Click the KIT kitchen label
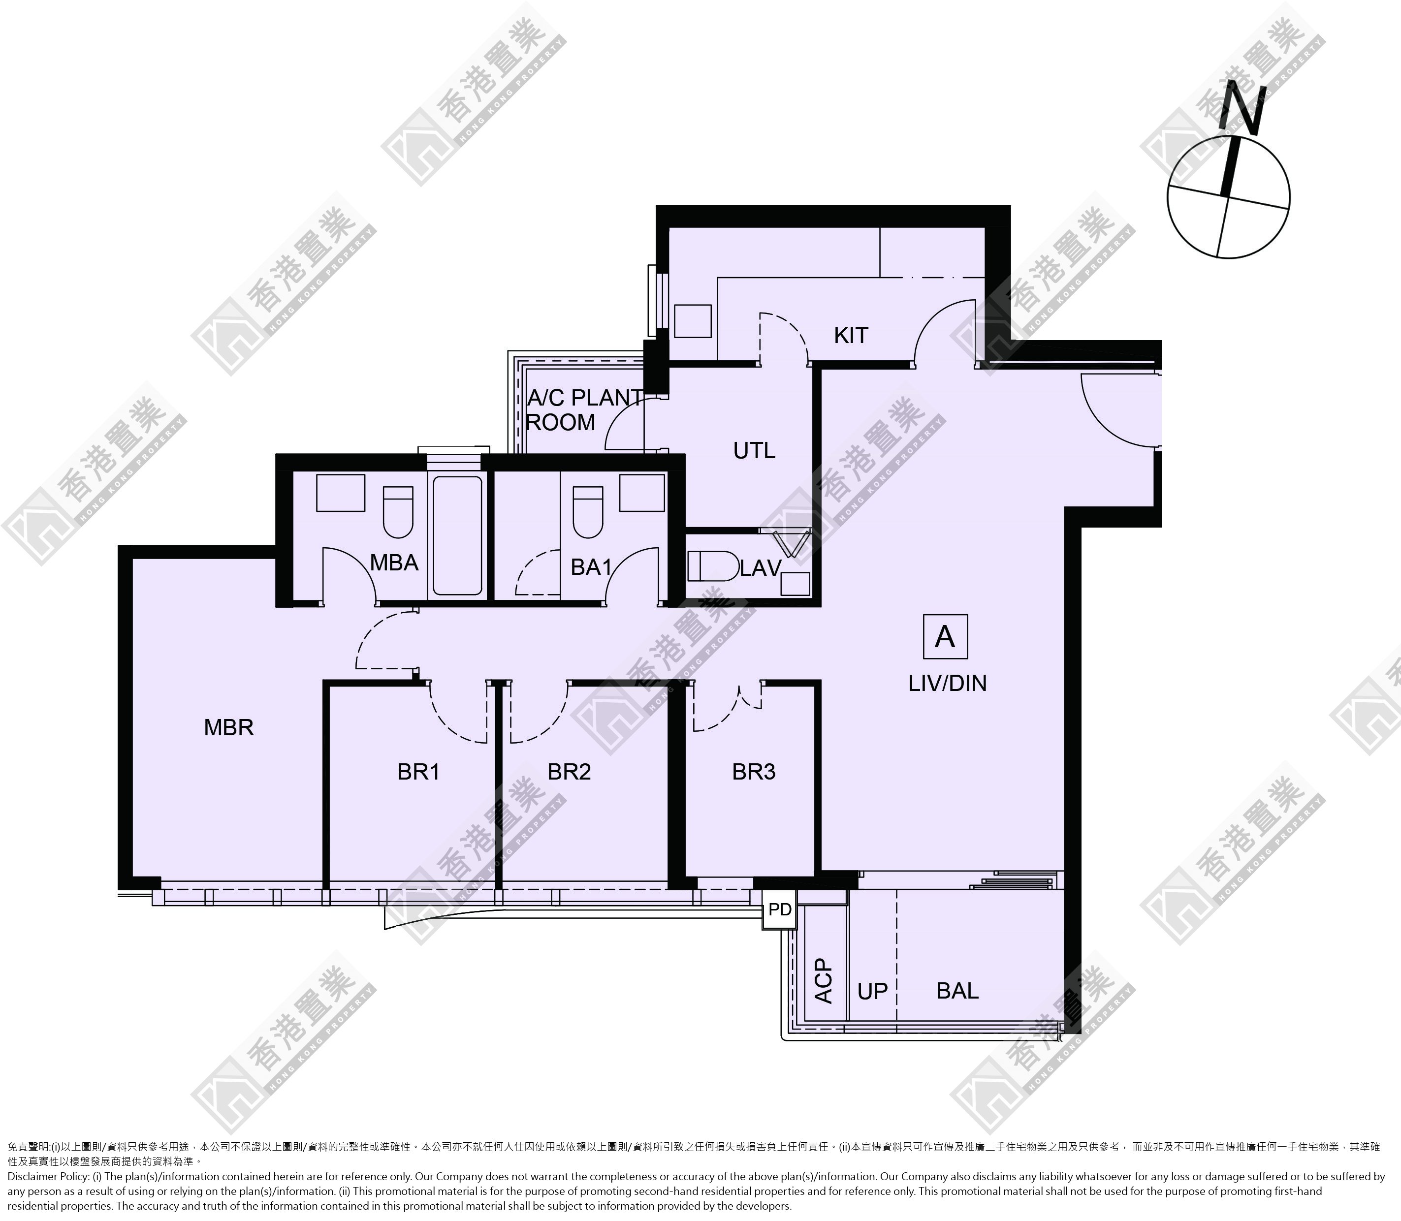851,335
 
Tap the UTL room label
754,450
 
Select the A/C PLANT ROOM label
584,410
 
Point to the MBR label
229,728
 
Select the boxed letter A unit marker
945,636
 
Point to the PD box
780,909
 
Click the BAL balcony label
957,991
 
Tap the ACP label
825,981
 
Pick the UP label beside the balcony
873,991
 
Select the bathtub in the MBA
457,535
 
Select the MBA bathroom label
394,563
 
